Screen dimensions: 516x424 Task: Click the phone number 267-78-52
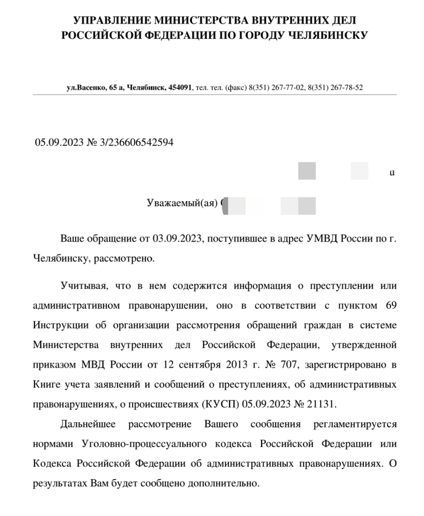(343, 88)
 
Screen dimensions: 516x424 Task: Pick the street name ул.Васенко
(87, 88)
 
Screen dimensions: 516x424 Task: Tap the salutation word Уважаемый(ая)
(182, 203)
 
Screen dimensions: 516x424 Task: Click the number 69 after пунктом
(389, 305)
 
